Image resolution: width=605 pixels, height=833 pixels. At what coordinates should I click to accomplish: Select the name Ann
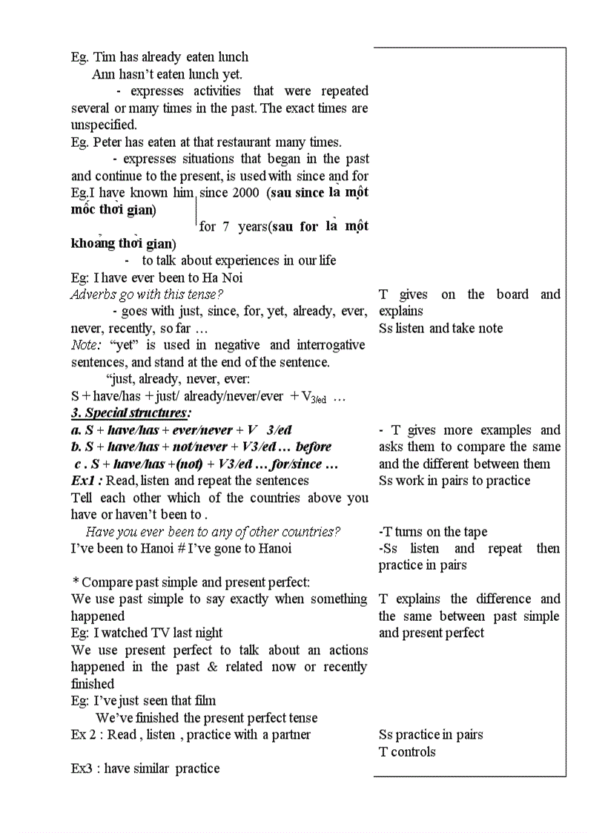click(104, 74)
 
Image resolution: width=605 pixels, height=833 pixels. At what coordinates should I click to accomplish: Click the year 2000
click(244, 193)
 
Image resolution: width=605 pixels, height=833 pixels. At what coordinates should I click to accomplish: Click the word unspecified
click(104, 125)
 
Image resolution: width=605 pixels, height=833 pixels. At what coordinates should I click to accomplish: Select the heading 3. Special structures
click(130, 413)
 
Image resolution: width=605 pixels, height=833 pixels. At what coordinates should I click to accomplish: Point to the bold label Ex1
click(85, 481)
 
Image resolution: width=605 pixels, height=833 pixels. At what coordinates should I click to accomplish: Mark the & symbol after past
click(213, 667)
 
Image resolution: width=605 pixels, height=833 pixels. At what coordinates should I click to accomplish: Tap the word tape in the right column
click(475, 532)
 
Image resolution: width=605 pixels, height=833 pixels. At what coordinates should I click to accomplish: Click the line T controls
click(407, 752)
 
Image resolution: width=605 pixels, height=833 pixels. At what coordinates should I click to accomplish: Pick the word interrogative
click(331, 346)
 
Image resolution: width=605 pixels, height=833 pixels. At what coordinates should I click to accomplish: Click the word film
click(204, 701)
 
